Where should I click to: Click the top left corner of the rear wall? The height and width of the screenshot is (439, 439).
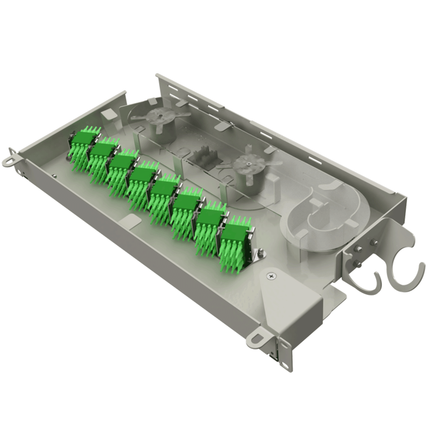[x=157, y=75]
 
